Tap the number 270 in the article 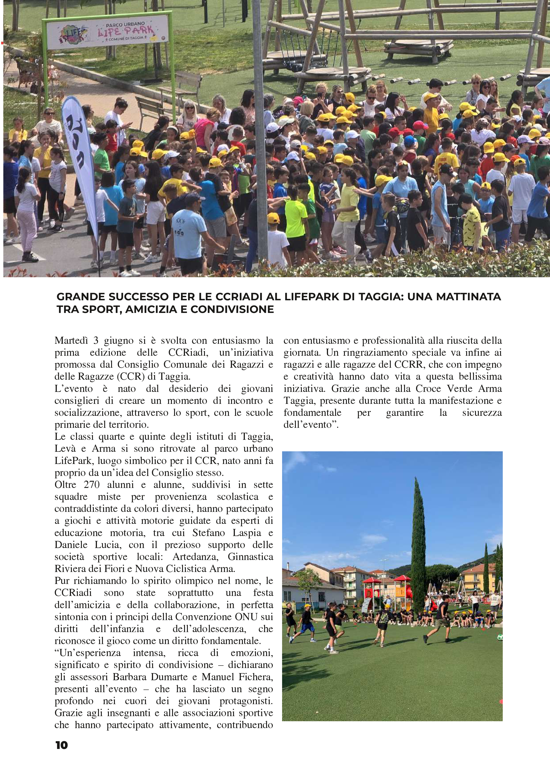tap(92, 485)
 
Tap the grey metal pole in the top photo tap(260, 129)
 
